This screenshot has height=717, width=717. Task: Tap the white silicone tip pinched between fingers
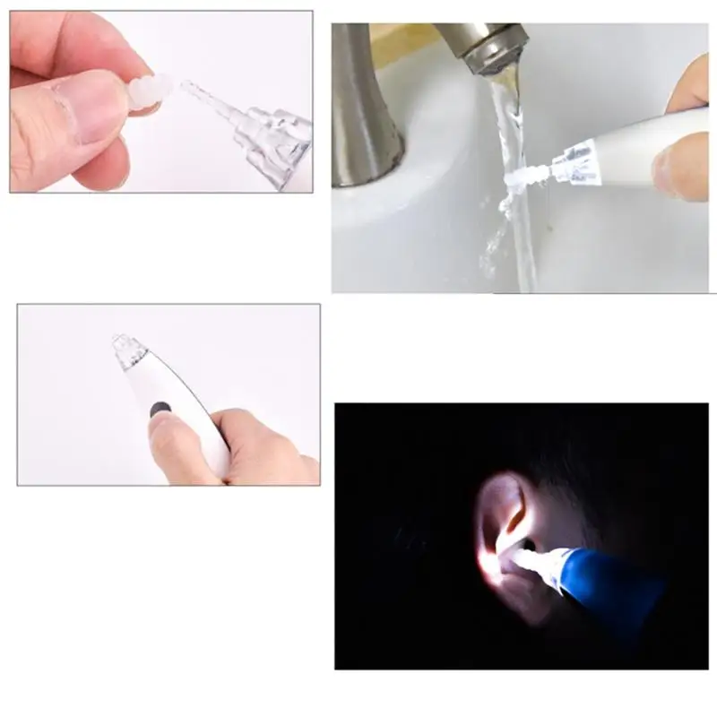tap(151, 92)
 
